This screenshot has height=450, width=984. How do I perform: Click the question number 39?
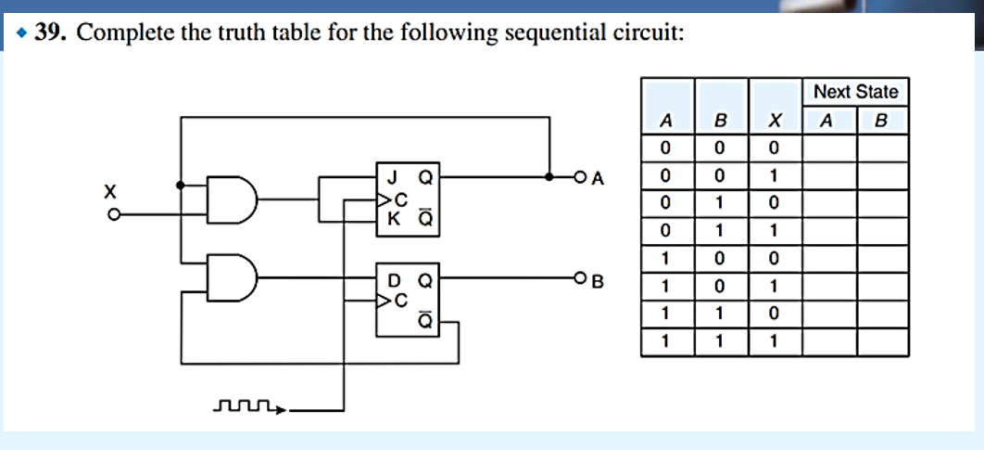pos(52,34)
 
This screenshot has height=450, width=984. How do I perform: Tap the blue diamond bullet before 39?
pos(21,34)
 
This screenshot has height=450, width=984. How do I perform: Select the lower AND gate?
pos(232,276)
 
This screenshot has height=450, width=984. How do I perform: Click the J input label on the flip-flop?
pos(394,174)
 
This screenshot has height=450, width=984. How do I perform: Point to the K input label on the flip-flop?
pos(394,219)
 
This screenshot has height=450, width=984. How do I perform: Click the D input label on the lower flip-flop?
pos(394,277)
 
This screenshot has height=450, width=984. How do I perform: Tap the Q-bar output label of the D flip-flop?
pos(424,321)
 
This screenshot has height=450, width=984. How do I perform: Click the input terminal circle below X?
pos(113,214)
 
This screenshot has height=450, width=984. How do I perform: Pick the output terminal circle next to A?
pos(580,175)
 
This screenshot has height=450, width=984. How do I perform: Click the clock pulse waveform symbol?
pos(245,405)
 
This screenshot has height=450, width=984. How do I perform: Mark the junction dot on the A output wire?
pos(550,175)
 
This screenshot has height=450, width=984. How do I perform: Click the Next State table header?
pos(855,92)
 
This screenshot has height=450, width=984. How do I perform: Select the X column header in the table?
pos(775,120)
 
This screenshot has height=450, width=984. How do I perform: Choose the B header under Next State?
pos(881,120)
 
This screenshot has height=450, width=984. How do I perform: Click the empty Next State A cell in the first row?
pos(828,147)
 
